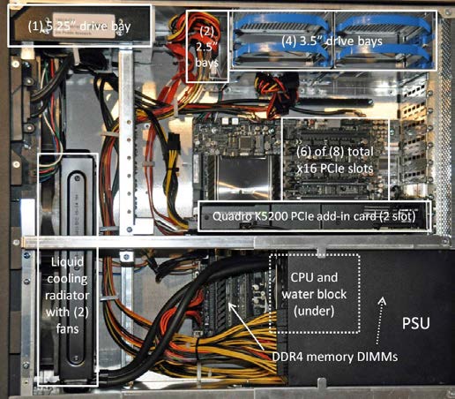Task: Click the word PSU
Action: [415, 323]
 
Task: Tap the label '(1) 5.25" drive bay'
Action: [79, 26]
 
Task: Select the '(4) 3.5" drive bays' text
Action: [332, 41]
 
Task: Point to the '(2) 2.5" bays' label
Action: [207, 47]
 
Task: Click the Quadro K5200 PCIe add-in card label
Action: [314, 216]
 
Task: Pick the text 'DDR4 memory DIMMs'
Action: [335, 357]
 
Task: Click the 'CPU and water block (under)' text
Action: [314, 294]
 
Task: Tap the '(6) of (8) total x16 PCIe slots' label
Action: [335, 161]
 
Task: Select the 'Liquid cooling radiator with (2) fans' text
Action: [67, 295]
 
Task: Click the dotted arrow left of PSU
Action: [380, 320]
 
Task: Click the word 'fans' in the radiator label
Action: [67, 328]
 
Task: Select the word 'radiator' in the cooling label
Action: [67, 295]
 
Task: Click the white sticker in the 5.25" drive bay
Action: [84, 25]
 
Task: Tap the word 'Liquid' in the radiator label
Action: [67, 262]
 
